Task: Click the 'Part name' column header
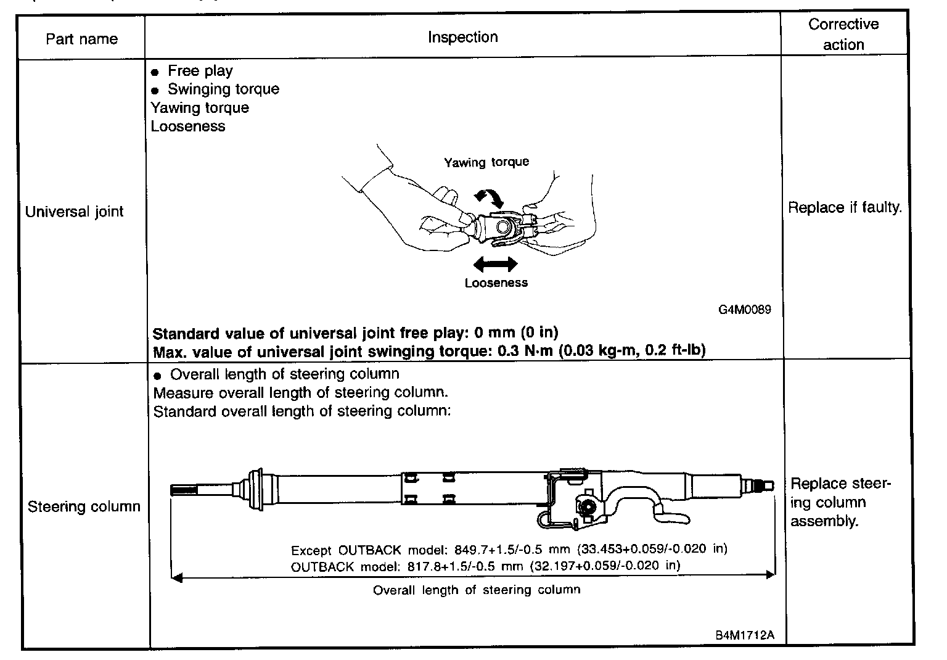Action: click(81, 39)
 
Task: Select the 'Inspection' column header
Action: click(462, 37)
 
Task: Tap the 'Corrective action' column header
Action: click(843, 35)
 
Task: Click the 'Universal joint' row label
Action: click(74, 212)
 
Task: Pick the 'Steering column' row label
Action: click(84, 506)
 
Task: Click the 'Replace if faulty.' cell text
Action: click(845, 207)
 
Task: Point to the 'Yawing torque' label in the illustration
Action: click(486, 162)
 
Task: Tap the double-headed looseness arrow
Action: click(495, 265)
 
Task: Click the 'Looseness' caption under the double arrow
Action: click(496, 283)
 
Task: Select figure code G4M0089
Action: click(744, 310)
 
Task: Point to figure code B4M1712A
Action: click(744, 635)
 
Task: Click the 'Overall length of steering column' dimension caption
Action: click(477, 590)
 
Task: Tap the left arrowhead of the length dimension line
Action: click(177, 577)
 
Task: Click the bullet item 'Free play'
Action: click(200, 71)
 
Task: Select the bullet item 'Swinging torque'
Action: click(223, 89)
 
